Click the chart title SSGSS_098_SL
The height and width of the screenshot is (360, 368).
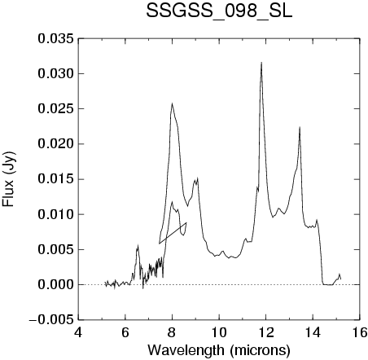coord(219,11)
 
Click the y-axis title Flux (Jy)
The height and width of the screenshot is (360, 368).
coord(9,179)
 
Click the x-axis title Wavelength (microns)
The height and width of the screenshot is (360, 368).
coord(219,350)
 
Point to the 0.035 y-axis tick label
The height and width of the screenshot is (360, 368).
coord(55,38)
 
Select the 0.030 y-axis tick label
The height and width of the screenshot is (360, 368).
coord(55,73)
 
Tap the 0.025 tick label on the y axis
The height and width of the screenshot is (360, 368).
coord(55,109)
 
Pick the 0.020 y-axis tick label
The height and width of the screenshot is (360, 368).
coord(55,144)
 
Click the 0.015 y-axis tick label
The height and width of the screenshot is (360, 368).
coord(55,179)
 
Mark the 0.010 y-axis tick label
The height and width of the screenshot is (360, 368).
coord(55,214)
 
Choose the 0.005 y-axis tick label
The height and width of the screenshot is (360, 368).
coord(55,249)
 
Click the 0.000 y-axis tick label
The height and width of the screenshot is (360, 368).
coord(55,285)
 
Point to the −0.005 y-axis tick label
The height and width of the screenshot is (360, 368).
coord(51,320)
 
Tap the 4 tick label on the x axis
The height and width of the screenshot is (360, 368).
coord(78,332)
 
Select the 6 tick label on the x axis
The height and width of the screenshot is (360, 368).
coord(125,332)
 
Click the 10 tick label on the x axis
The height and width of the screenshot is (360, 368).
coord(219,332)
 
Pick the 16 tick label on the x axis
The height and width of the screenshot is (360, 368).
coord(360,332)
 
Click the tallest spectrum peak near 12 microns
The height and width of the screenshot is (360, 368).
coord(261,63)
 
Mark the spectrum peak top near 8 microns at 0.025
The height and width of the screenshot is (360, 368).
coord(172,103)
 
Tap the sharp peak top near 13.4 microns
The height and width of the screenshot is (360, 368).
coord(300,127)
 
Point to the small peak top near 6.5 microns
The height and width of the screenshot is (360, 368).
coord(138,245)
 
